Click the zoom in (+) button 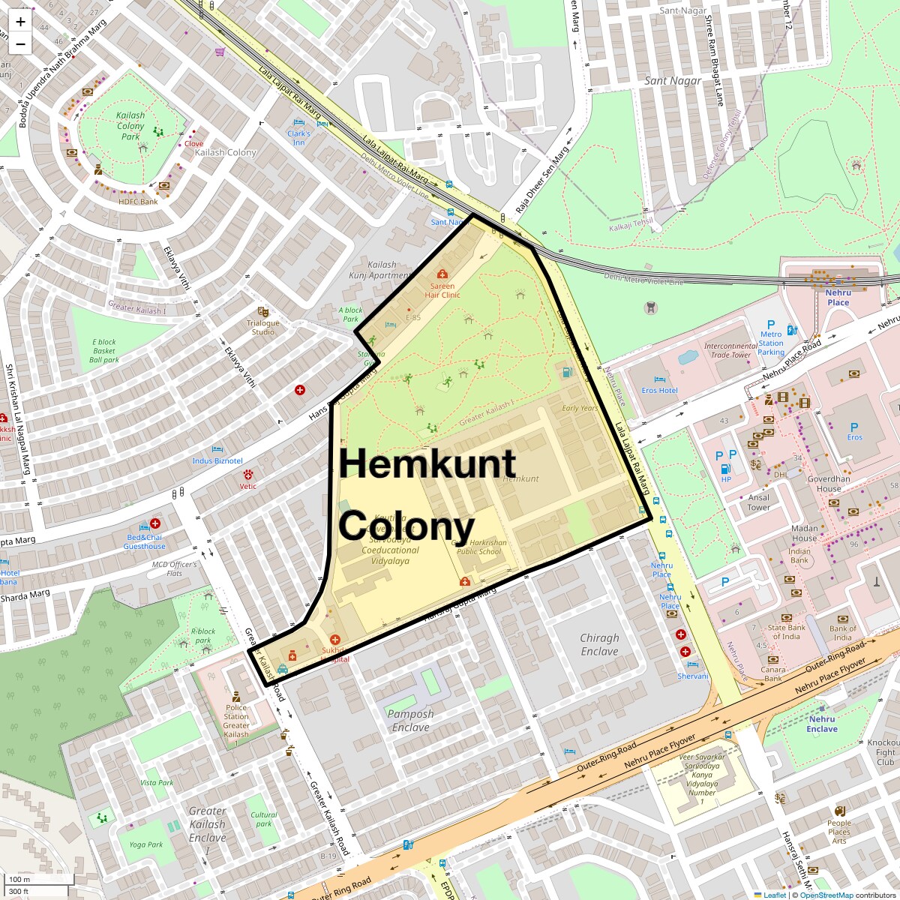[x=20, y=22]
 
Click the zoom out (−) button [x=20, y=44]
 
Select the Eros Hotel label [x=660, y=391]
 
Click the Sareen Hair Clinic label [x=442, y=290]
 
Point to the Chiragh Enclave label [x=599, y=644]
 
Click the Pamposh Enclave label [x=410, y=720]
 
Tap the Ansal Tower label [x=758, y=502]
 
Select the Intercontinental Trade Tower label [x=731, y=350]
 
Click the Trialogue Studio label [x=262, y=327]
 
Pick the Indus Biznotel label [x=217, y=460]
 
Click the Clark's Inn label [x=298, y=138]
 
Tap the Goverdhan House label [x=829, y=484]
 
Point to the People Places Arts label [x=839, y=832]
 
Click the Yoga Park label [x=145, y=844]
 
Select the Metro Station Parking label [x=771, y=343]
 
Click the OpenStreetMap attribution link [x=826, y=895]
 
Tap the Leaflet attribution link [x=774, y=895]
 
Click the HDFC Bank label [x=138, y=202]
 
